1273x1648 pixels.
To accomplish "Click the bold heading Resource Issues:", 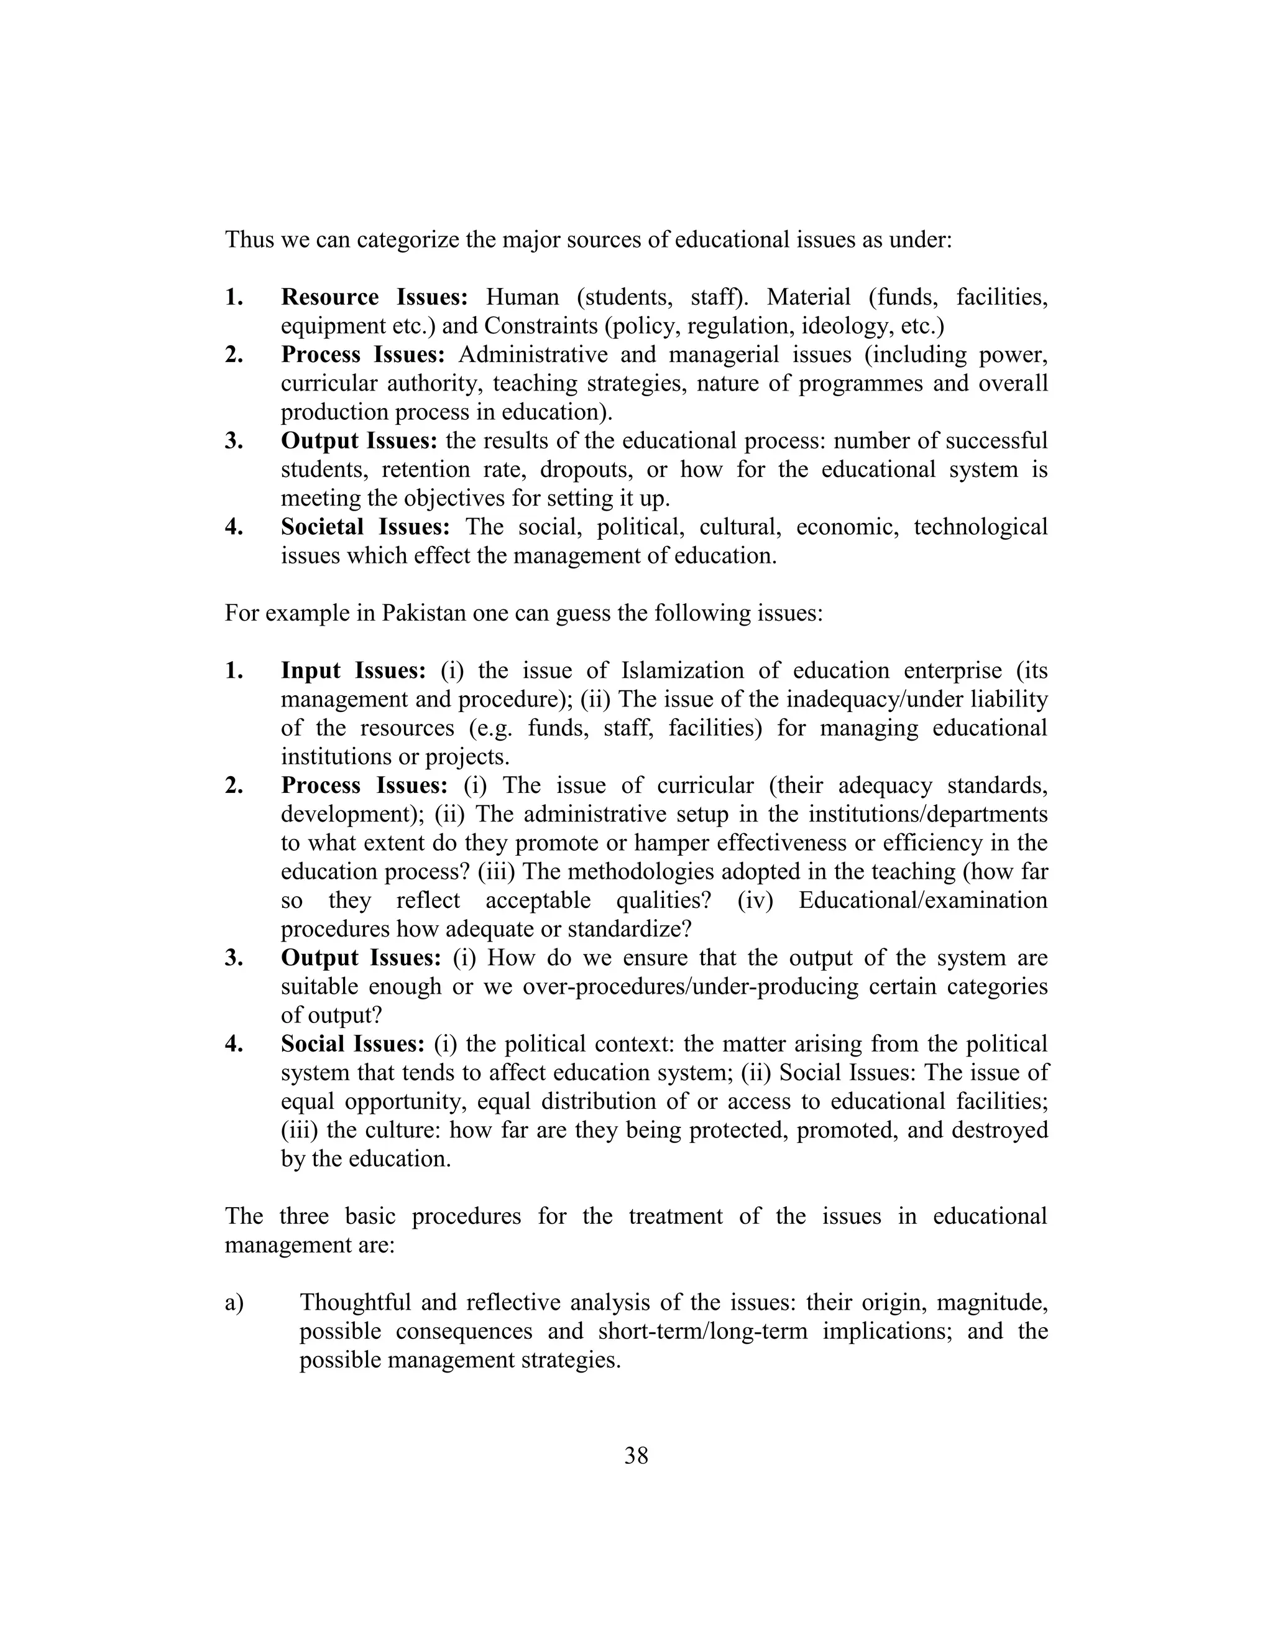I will coord(374,297).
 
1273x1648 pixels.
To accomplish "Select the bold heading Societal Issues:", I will coord(365,527).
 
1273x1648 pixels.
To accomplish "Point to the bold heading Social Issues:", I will coord(353,1044).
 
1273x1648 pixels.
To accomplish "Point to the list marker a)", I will coord(234,1302).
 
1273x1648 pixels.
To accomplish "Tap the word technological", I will coord(980,527).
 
